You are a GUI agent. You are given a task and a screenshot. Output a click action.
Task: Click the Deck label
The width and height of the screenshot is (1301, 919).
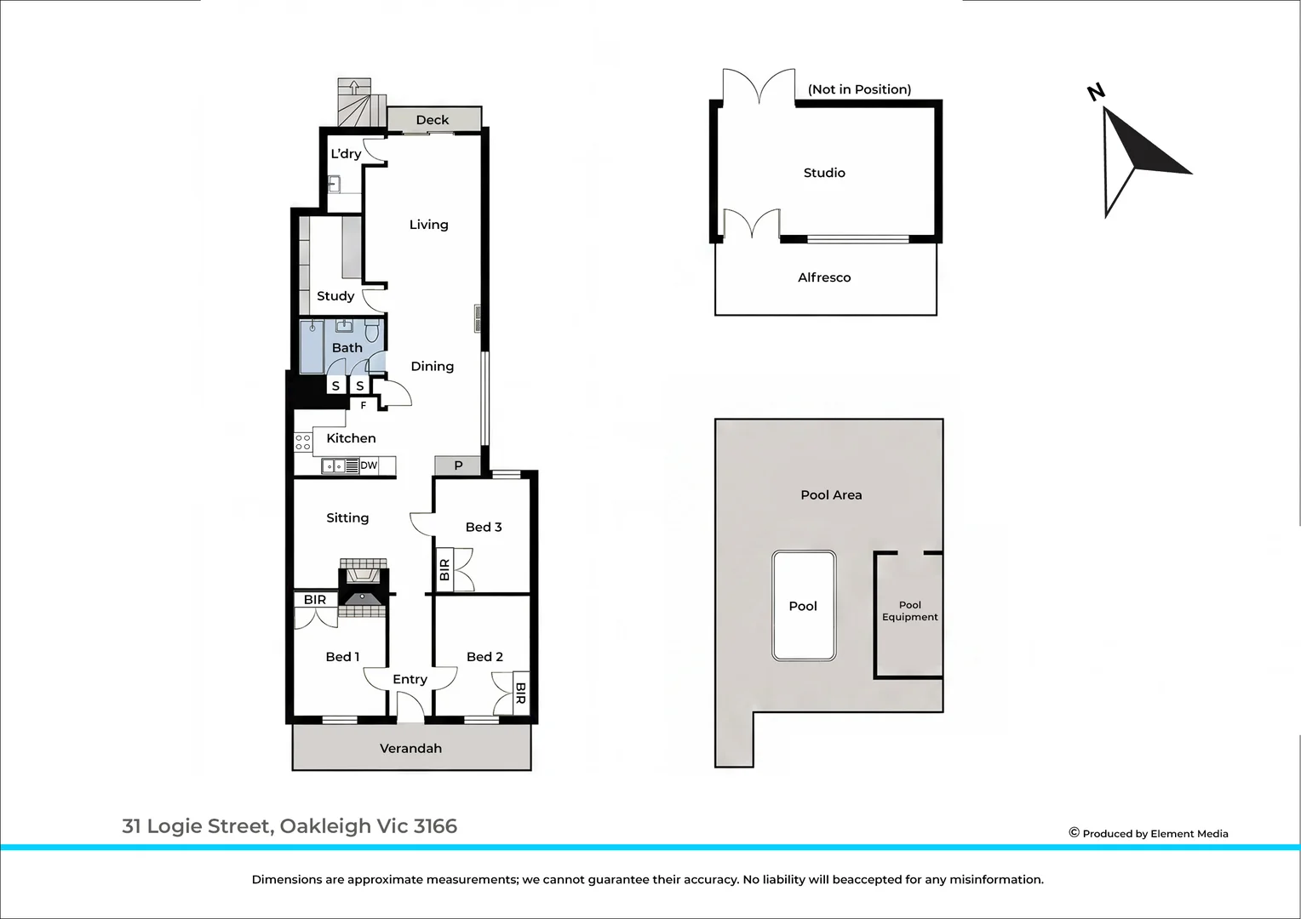click(433, 120)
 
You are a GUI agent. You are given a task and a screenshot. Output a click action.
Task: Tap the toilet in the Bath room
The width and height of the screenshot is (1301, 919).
click(372, 331)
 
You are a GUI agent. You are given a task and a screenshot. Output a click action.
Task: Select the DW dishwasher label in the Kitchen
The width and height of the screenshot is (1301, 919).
click(369, 465)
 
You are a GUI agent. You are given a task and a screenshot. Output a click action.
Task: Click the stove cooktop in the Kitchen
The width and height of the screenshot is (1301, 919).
click(302, 442)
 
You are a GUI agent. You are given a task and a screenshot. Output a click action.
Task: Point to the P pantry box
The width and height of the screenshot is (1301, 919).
click(458, 465)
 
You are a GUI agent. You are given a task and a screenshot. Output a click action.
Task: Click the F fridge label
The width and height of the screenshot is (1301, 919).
click(363, 405)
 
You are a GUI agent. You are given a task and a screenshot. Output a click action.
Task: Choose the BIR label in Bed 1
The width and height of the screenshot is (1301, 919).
click(315, 600)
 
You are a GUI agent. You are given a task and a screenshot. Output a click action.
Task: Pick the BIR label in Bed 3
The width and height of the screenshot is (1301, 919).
click(445, 569)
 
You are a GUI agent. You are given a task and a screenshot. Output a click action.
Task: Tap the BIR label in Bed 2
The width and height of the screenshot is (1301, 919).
click(520, 694)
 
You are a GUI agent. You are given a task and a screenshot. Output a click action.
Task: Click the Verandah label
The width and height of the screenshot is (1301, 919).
click(410, 748)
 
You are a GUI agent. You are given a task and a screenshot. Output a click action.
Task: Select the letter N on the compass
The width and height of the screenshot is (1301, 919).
click(1096, 92)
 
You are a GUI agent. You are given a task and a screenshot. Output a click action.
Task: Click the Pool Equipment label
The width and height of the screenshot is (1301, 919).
click(909, 611)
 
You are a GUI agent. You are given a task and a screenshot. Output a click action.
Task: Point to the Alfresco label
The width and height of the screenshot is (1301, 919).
click(824, 277)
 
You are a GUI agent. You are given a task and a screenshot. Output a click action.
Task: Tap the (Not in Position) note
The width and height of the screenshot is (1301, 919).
click(860, 89)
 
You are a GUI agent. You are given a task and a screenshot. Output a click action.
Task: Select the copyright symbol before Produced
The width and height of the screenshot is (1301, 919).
click(1074, 832)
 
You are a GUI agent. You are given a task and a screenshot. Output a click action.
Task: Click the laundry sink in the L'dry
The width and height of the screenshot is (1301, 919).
click(334, 185)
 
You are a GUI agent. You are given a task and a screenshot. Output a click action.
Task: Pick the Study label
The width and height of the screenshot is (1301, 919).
click(335, 296)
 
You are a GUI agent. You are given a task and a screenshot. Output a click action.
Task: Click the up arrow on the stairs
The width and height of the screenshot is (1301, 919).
click(353, 87)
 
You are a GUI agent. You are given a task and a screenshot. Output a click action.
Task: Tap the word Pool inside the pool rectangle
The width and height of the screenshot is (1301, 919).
click(803, 606)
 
